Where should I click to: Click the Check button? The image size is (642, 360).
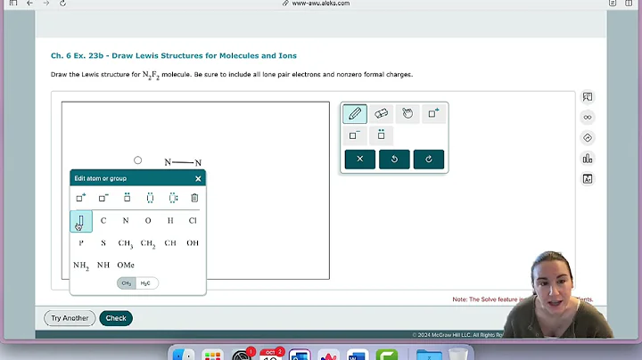tap(116, 318)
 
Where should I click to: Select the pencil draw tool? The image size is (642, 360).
tap(355, 113)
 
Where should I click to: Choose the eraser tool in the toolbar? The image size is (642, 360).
tap(381, 113)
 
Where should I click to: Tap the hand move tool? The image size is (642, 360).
tap(407, 113)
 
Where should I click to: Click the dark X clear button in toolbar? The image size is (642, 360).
tap(359, 160)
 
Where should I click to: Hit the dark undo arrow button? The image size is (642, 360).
tap(394, 160)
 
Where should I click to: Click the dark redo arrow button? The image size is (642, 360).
tap(429, 160)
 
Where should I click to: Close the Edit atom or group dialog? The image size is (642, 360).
tap(198, 178)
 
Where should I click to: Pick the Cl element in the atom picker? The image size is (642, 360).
tap(193, 220)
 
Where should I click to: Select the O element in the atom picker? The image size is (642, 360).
tap(148, 220)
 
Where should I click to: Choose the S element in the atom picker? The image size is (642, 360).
tap(103, 242)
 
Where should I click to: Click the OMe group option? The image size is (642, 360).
tap(126, 265)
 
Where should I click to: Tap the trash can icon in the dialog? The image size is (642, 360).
tap(194, 198)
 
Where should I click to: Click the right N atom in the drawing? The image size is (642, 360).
tap(198, 163)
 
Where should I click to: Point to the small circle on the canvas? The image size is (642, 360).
tap(137, 160)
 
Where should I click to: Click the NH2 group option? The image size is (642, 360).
tap(81, 265)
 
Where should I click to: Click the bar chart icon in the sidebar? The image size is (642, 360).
tap(588, 159)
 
